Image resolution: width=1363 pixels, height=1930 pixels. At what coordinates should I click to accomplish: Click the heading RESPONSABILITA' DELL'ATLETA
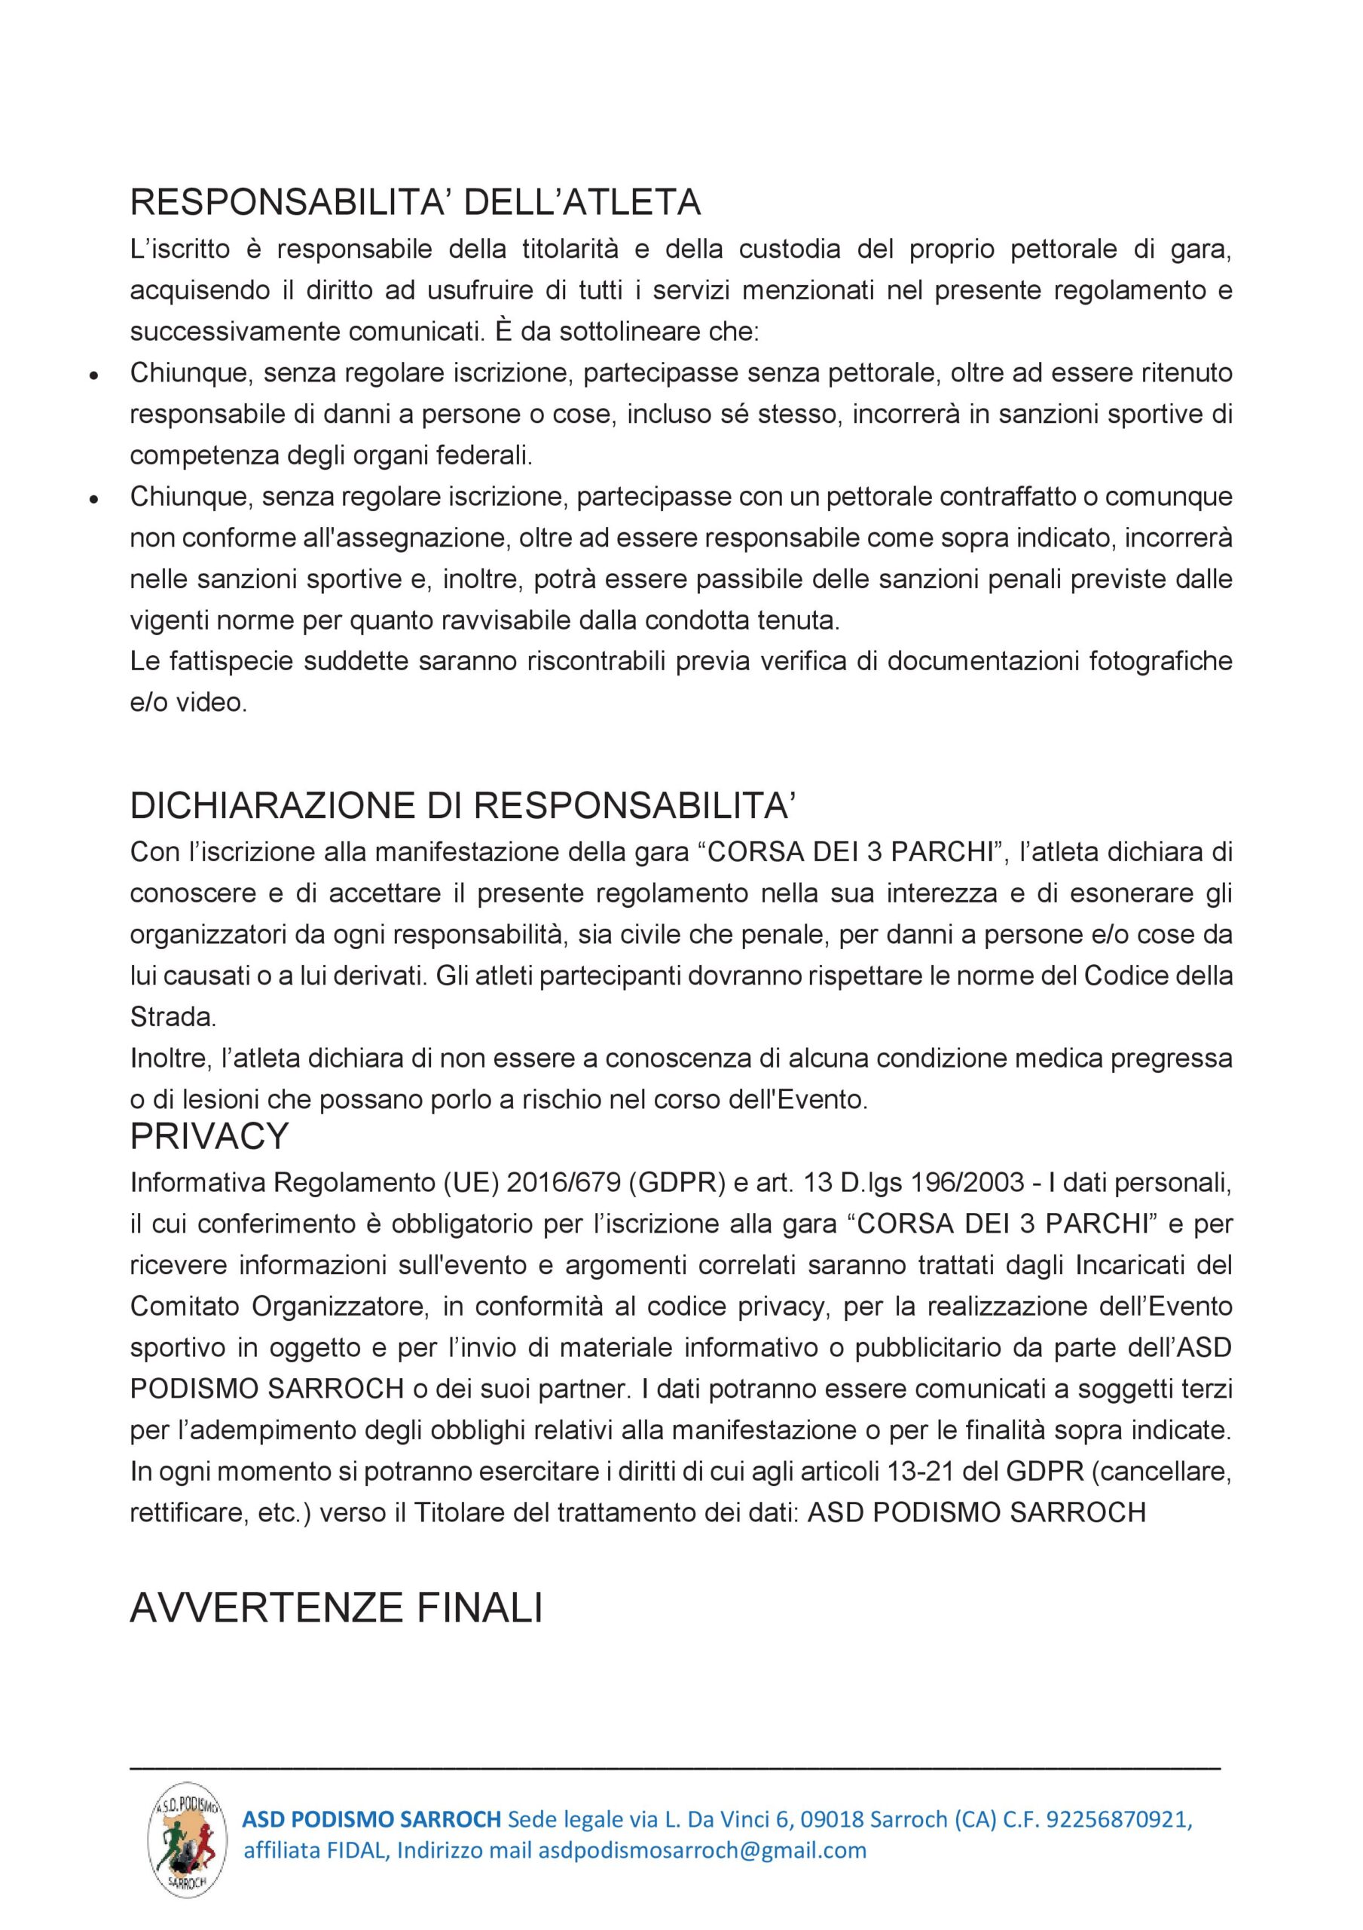click(415, 203)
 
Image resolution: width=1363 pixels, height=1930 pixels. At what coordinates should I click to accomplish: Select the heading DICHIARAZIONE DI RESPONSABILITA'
click(462, 805)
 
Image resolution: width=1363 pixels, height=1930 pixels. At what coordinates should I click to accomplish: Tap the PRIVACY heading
click(209, 1135)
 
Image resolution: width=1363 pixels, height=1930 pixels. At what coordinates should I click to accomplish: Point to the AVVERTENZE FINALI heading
click(336, 1607)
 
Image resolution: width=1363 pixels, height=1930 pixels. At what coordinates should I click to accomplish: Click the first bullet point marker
click(95, 375)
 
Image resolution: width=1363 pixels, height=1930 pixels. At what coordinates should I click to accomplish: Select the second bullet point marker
click(95, 498)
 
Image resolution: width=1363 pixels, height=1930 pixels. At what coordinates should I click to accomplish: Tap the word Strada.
click(173, 1017)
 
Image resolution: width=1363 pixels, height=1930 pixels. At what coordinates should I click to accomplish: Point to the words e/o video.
click(188, 703)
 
